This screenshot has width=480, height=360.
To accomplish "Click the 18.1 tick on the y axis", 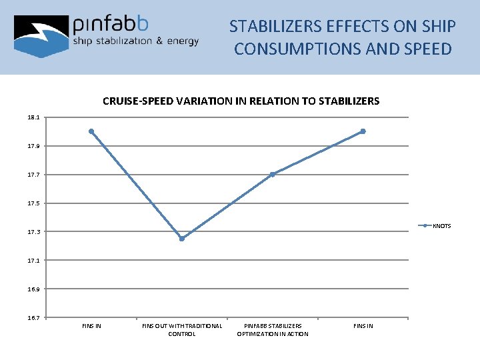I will pos(33,117).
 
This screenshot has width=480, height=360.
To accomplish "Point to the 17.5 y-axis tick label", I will pos(33,203).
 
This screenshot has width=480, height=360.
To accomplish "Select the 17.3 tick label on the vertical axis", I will pos(33,232).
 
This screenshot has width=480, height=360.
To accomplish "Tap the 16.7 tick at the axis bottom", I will pos(33,317).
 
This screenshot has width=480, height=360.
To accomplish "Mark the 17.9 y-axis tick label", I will pos(33,146).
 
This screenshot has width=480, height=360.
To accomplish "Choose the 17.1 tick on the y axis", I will pos(33,261).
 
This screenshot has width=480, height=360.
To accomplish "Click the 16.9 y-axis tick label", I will pos(33,289).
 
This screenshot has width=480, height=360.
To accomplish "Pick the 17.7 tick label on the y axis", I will pos(33,175).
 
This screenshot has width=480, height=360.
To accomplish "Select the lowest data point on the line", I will pos(182,239).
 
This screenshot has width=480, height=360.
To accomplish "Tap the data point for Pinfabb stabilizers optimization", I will pos(273,174).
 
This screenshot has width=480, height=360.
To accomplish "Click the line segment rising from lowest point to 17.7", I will pos(227,207).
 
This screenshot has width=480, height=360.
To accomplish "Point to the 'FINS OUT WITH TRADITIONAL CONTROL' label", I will pos(182,329).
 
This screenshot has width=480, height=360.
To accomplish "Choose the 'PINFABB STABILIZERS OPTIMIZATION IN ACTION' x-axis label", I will pos(273,329).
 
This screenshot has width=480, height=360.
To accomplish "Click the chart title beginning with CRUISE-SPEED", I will pos(241,101).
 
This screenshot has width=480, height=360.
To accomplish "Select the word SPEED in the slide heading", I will pos(427,49).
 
